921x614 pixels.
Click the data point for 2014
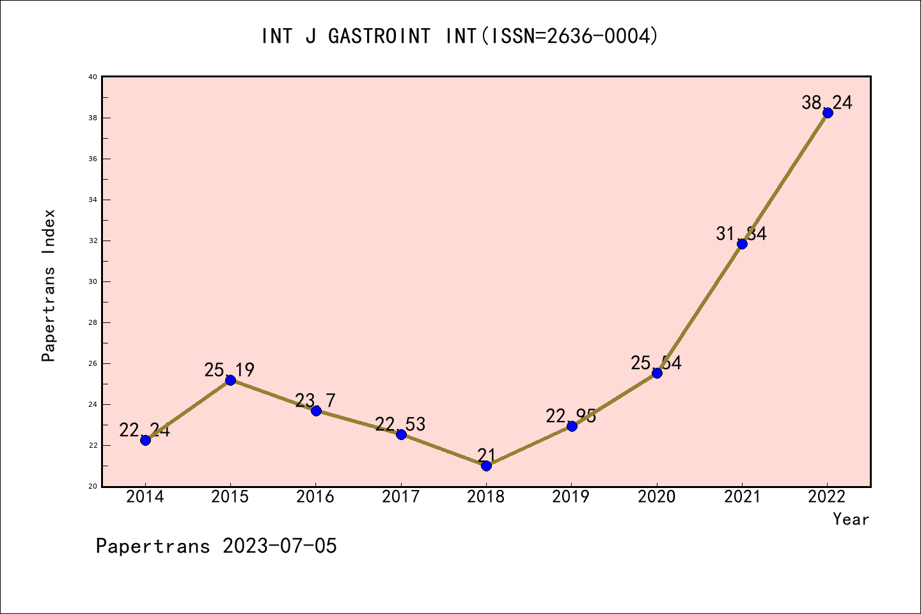click(145, 440)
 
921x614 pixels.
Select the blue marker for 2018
click(486, 466)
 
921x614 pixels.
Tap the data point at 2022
click(828, 113)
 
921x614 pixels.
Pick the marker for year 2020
click(657, 373)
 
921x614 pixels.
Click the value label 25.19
click(230, 370)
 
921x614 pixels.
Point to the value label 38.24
click(827, 103)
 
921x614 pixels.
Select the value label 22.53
click(400, 424)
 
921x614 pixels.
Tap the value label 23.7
click(315, 400)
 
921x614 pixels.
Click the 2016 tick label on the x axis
click(315, 497)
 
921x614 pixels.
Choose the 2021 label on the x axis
click(742, 497)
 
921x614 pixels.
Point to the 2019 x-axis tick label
click(571, 497)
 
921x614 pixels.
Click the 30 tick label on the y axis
click(93, 281)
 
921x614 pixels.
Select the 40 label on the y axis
click(93, 77)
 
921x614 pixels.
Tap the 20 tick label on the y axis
click(93, 486)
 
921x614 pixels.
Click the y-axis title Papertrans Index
click(49, 285)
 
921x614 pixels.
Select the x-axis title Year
click(851, 519)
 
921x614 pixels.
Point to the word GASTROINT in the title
click(379, 36)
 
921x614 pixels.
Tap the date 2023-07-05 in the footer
click(279, 546)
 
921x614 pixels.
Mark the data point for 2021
click(742, 244)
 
